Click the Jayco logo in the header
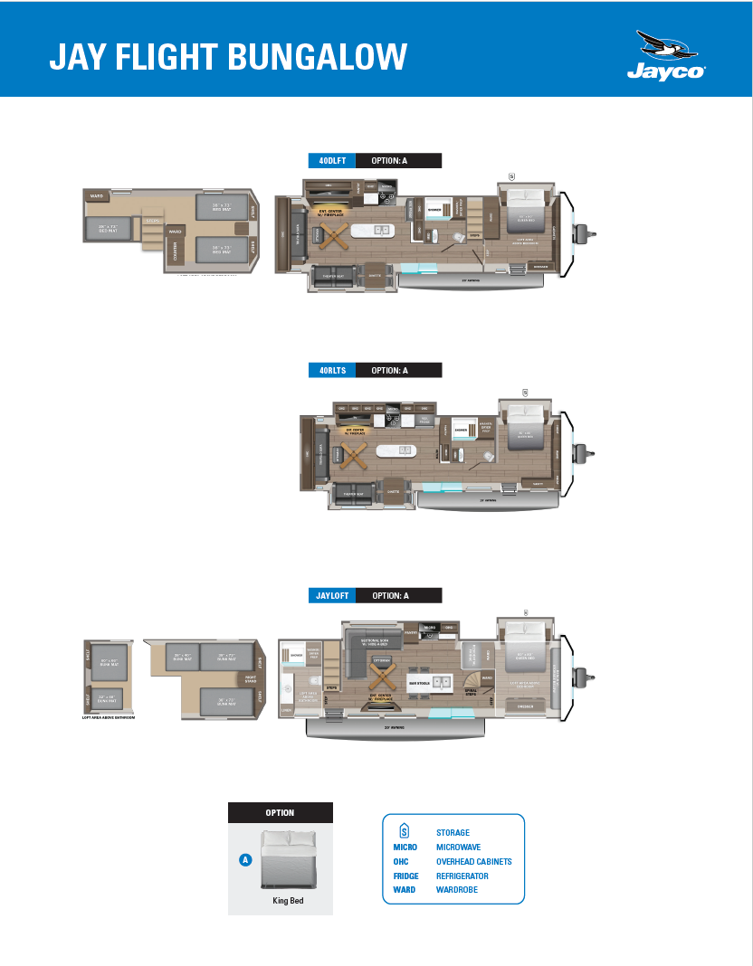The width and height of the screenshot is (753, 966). (x=667, y=56)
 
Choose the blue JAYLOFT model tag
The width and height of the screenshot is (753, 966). (x=330, y=595)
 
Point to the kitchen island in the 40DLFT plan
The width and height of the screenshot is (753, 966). (x=373, y=230)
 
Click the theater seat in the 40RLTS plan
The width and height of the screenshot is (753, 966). (x=354, y=492)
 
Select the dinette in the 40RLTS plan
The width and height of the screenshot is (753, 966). (x=393, y=489)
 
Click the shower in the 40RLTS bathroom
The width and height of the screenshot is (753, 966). (x=461, y=430)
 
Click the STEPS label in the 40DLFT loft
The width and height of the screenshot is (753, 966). (x=152, y=220)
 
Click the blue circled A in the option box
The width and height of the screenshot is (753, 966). (x=244, y=860)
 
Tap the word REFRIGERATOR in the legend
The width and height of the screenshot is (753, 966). (x=462, y=876)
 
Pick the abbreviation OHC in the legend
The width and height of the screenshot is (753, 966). (x=401, y=861)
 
